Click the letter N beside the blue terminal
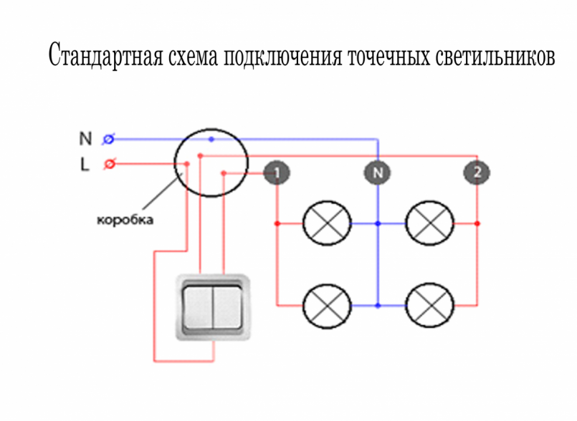pyautogui.click(x=85, y=139)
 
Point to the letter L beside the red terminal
pyautogui.click(x=85, y=164)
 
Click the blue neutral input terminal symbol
pyautogui.click(x=108, y=140)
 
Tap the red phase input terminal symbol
pyautogui.click(x=109, y=164)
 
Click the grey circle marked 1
pyautogui.click(x=277, y=173)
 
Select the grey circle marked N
pyautogui.click(x=378, y=173)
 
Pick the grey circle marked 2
pyautogui.click(x=477, y=173)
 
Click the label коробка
pyautogui.click(x=125, y=220)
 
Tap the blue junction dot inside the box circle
pyautogui.click(x=211, y=140)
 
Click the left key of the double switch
pyautogui.click(x=198, y=307)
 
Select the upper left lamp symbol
pyautogui.click(x=327, y=223)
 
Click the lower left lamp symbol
pyautogui.click(x=327, y=306)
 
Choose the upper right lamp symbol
pyautogui.click(x=429, y=223)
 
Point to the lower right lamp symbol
pyautogui.click(x=429, y=305)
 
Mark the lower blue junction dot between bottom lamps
pyautogui.click(x=378, y=306)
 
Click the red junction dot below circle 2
pyautogui.click(x=477, y=223)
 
